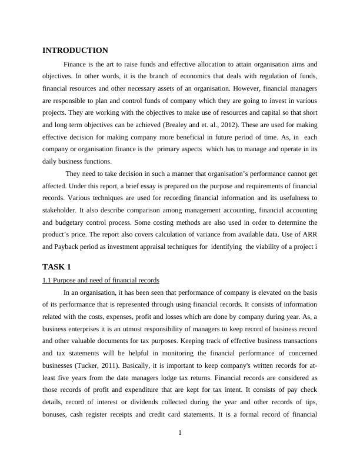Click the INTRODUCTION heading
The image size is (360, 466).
pyautogui.click(x=75, y=51)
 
